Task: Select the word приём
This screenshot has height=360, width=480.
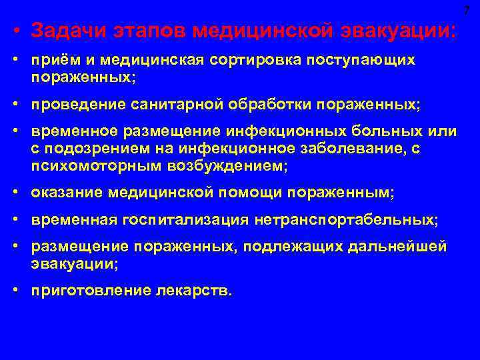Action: [x=51, y=61]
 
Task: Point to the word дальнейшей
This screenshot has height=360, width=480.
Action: [x=406, y=247]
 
